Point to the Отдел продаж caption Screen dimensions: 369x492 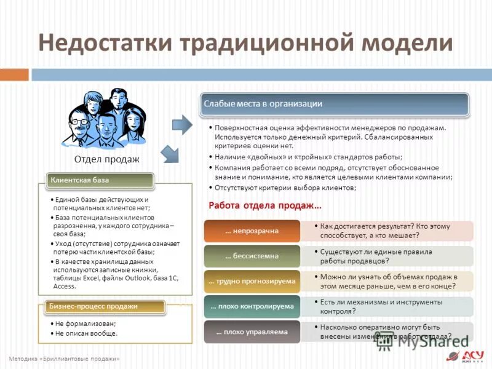[x=106, y=159]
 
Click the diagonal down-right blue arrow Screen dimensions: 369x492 [x=169, y=154]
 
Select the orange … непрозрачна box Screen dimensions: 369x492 [x=252, y=231]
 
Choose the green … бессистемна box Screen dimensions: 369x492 [x=252, y=256]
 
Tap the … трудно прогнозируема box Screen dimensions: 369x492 [x=252, y=281]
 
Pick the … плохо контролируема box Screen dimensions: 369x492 [x=252, y=306]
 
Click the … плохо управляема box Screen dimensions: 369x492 [x=252, y=331]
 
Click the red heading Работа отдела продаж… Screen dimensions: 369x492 [x=265, y=205]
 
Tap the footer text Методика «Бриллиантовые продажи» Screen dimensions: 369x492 [x=65, y=359]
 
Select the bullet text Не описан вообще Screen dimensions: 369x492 [x=86, y=333]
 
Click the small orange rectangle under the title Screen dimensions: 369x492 [x=14, y=74]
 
